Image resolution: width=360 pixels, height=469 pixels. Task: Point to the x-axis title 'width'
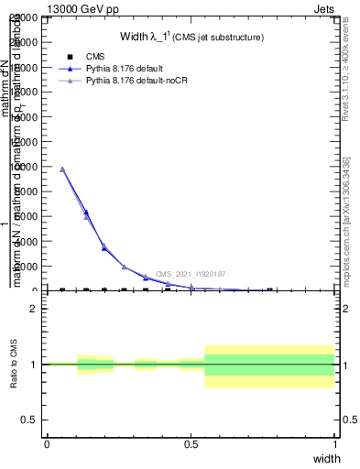[327, 457]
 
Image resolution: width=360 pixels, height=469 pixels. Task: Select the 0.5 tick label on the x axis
[191, 443]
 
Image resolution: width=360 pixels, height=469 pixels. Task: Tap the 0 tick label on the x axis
[47, 443]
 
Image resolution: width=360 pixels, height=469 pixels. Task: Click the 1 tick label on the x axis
[334, 443]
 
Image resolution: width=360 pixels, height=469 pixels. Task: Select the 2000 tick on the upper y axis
[30, 267]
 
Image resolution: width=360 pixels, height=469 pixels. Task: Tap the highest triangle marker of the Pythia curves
[62, 169]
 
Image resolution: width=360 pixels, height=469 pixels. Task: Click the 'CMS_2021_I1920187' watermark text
[190, 274]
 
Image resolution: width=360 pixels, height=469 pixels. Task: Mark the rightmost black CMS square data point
[269, 290]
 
